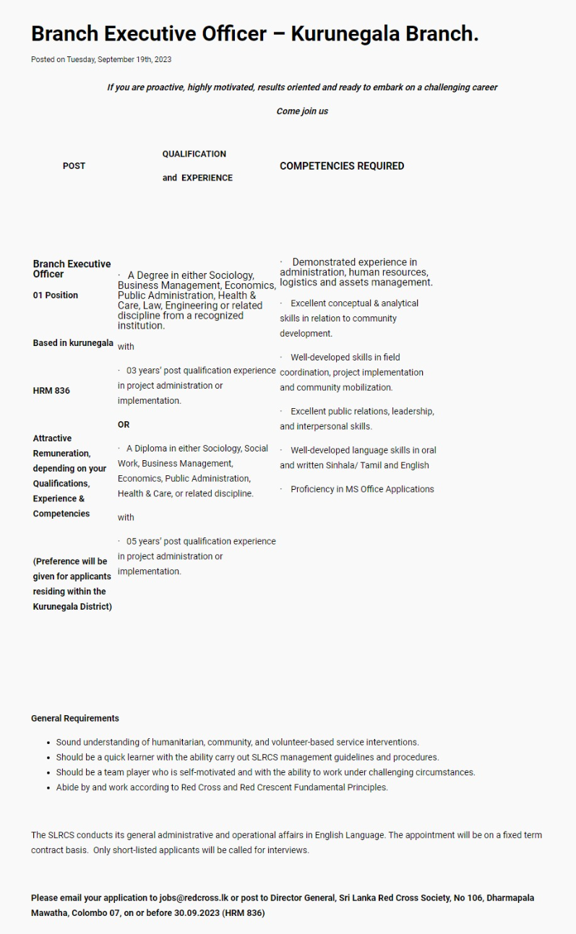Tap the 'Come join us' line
(x=302, y=111)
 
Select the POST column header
(x=74, y=166)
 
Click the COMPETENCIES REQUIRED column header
(x=342, y=166)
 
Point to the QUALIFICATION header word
(x=194, y=154)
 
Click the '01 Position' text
(x=56, y=295)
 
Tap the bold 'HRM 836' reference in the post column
(x=51, y=391)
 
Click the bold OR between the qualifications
(x=124, y=425)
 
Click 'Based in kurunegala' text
(x=73, y=343)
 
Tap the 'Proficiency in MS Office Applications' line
(x=362, y=489)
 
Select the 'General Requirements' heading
(x=75, y=718)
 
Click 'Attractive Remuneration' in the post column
(x=61, y=446)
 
